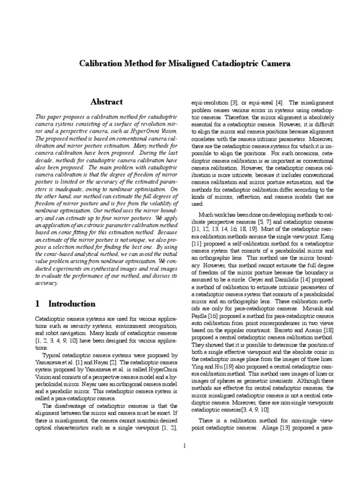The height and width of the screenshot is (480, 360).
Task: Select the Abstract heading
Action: click(106, 102)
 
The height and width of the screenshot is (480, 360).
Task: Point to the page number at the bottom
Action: click(185, 445)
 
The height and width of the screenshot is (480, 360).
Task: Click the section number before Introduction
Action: click(37, 303)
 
